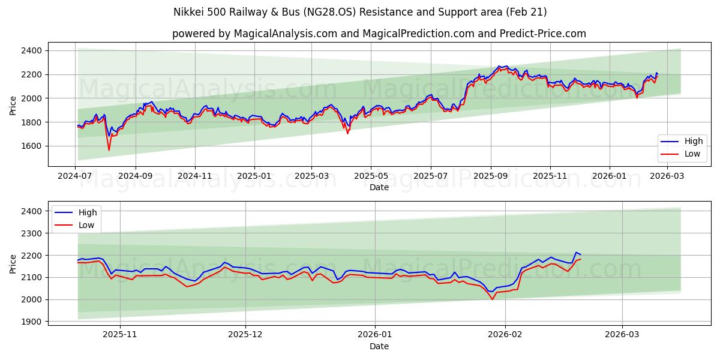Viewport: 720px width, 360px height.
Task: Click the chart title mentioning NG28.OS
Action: click(360, 12)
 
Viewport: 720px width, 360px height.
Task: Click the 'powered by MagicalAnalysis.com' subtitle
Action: click(379, 34)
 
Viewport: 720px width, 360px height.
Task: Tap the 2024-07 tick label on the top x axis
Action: click(76, 176)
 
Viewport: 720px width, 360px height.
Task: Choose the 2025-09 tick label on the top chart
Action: click(490, 176)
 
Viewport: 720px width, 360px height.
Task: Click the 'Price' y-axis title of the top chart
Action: click(13, 105)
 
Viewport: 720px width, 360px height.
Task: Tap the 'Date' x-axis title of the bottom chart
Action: click(379, 346)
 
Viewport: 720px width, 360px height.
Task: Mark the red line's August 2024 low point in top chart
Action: click(109, 150)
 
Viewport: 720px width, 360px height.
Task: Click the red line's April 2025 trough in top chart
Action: click(347, 133)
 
